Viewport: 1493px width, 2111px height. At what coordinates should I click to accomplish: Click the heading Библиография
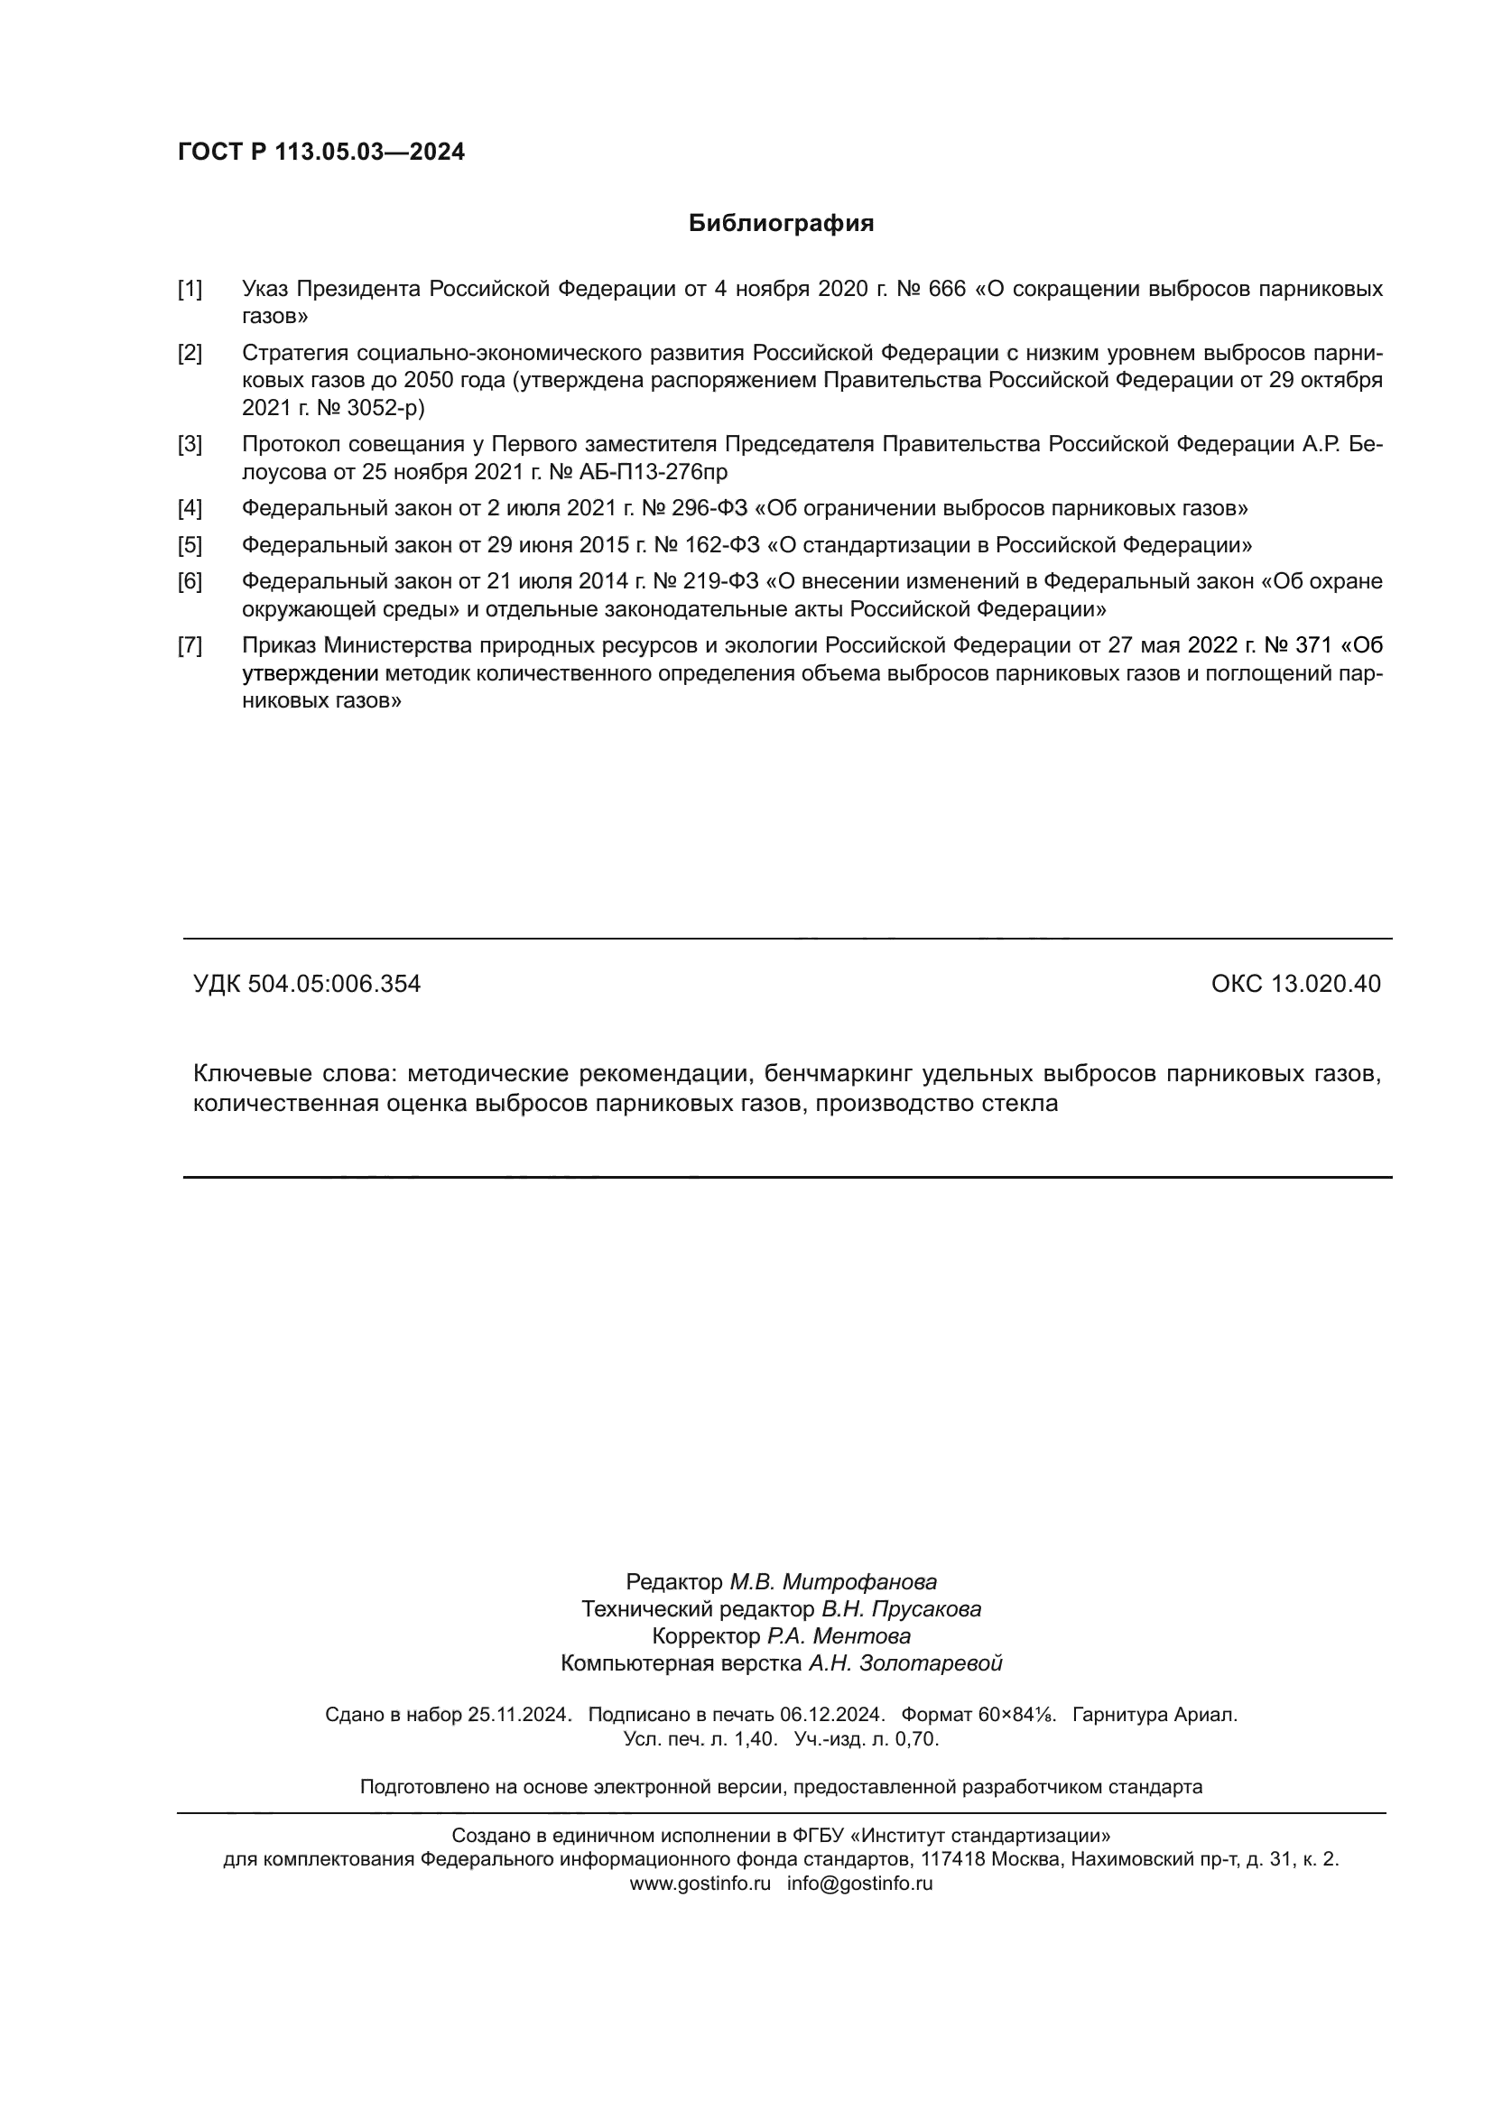(781, 224)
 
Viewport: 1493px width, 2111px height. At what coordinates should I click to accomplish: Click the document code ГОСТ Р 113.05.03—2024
(320, 153)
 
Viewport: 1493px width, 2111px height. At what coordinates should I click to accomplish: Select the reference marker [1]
(190, 290)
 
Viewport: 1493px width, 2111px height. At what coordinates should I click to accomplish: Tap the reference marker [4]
(190, 508)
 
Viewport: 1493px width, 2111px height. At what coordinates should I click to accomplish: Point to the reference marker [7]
(190, 645)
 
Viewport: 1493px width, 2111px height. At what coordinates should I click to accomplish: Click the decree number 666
(948, 290)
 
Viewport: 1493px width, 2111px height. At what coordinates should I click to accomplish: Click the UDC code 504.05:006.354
(335, 985)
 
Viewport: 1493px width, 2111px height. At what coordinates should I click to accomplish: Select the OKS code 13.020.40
(1326, 985)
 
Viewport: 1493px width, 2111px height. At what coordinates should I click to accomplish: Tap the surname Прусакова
(926, 1610)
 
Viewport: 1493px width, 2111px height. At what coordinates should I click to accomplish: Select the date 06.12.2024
(832, 1715)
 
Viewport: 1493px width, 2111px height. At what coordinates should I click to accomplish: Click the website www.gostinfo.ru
(700, 1883)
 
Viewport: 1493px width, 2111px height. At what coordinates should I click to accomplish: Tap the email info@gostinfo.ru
(859, 1883)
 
